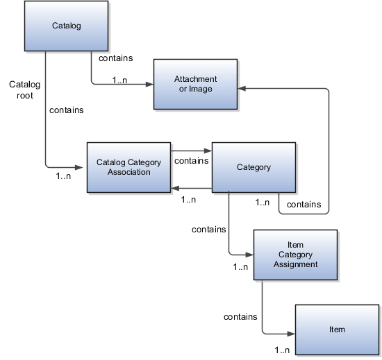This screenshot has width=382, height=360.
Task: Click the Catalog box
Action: click(67, 26)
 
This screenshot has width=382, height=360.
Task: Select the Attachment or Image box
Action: click(195, 84)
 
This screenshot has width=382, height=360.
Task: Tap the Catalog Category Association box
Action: click(128, 167)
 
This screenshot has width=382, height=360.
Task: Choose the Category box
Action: click(254, 167)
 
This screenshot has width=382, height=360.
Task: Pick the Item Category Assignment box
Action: click(295, 255)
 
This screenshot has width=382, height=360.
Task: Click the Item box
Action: click(337, 329)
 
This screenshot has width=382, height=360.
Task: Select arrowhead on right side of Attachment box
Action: click(242, 89)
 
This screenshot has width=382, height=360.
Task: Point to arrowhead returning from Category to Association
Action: click(175, 188)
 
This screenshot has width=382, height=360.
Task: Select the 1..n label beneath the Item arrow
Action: click(282, 349)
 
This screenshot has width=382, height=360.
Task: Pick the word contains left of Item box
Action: click(240, 317)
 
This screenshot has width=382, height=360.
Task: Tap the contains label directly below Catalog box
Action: click(116, 59)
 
